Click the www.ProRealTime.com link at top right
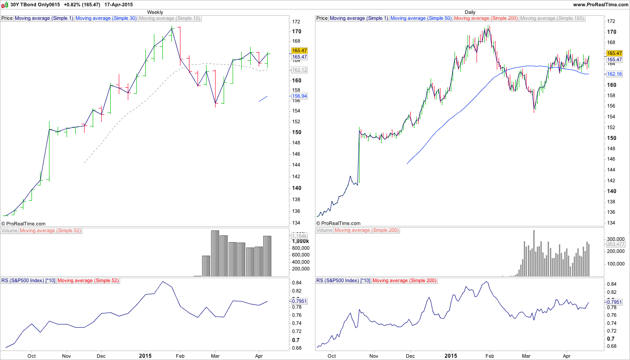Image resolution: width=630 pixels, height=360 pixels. (600, 4)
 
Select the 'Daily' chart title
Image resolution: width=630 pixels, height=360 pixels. (470, 12)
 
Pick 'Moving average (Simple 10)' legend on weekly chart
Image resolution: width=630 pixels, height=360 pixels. (170, 18)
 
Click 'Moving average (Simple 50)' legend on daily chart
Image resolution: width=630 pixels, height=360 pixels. (421, 18)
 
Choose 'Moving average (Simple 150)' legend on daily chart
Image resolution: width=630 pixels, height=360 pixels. (552, 18)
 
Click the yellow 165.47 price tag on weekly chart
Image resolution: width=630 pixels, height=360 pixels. (299, 51)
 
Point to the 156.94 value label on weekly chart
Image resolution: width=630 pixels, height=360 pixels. (299, 96)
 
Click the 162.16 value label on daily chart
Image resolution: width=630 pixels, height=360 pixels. (614, 74)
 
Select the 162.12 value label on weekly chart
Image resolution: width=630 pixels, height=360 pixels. (299, 70)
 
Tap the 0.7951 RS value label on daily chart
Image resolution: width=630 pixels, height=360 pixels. (614, 302)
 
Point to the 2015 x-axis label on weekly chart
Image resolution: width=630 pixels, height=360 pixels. (145, 355)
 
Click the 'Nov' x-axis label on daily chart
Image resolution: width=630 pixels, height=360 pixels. (373, 355)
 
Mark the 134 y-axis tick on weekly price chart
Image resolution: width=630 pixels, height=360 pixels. (296, 223)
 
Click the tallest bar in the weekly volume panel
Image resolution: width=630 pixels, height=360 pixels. (215, 253)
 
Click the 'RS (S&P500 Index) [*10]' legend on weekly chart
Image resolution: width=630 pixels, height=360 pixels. (28, 281)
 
